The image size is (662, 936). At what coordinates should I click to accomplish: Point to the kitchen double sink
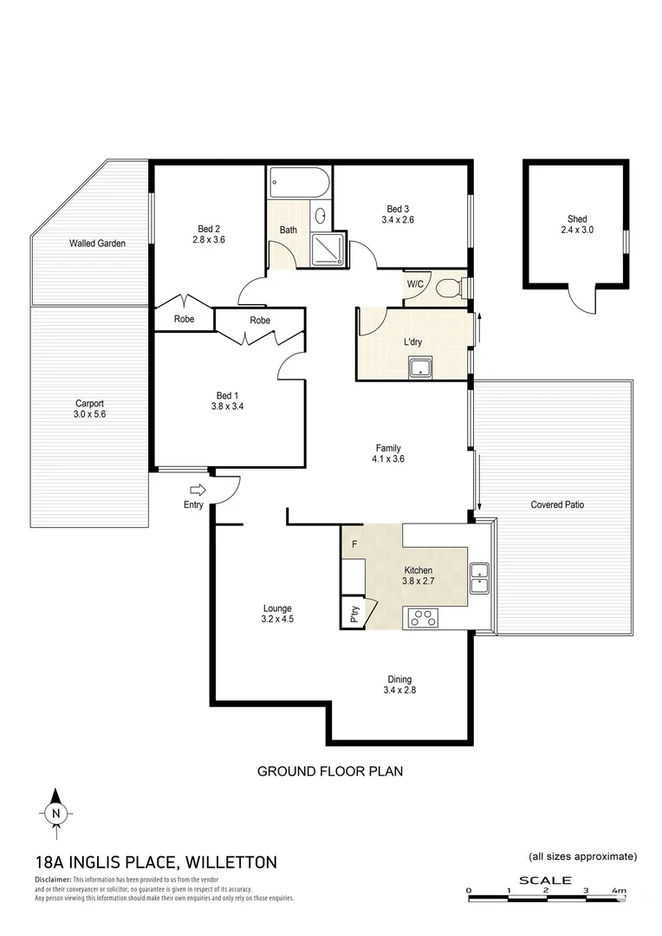(x=479, y=576)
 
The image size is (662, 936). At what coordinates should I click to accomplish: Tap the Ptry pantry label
(x=354, y=614)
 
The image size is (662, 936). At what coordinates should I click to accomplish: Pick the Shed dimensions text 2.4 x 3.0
(x=576, y=231)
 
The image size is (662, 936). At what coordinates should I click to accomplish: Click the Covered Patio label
(x=557, y=504)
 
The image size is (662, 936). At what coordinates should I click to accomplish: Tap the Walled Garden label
(x=97, y=244)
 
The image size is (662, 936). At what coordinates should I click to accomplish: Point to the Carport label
(x=88, y=403)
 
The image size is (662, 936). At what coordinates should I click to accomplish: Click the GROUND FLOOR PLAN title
(x=330, y=770)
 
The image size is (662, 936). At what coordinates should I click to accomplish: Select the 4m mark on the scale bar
(x=619, y=891)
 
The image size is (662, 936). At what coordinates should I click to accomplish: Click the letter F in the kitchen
(x=354, y=545)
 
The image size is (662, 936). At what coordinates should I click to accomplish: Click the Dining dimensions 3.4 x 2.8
(x=399, y=691)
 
